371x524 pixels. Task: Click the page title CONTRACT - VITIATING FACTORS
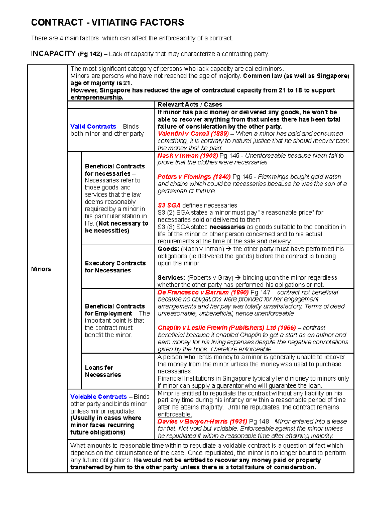[x=107, y=23]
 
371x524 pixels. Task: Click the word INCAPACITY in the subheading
[x=53, y=54]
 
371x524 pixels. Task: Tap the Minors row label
[x=41, y=269]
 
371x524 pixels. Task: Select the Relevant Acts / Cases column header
[x=190, y=105]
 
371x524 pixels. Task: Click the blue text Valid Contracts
[x=93, y=127]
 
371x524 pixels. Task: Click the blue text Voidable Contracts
[x=98, y=397]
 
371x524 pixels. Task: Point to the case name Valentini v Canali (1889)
[x=193, y=134]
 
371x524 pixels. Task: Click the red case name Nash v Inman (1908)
[x=187, y=156]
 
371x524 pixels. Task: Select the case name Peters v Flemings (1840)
[x=194, y=177]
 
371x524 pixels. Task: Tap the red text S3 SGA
[x=169, y=206]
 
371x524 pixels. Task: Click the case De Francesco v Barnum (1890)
[x=203, y=292]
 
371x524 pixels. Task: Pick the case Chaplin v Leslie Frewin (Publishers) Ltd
[x=226, y=328]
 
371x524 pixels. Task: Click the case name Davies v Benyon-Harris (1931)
[x=202, y=422]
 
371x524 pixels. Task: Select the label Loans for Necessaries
[x=103, y=371]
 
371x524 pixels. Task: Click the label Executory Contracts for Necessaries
[x=115, y=267]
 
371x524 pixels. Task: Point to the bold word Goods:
[x=168, y=249]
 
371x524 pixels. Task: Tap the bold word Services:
[x=171, y=278]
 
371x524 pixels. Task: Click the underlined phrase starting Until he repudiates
[x=284, y=407]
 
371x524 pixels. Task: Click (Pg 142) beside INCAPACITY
[x=90, y=54]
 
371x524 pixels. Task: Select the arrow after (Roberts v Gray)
[x=238, y=278]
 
